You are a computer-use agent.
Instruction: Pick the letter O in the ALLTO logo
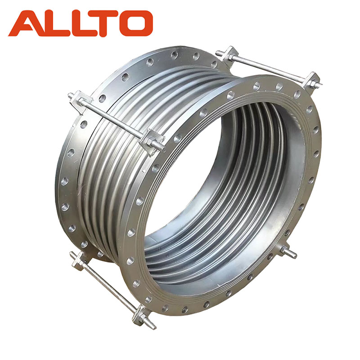point(137,23)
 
